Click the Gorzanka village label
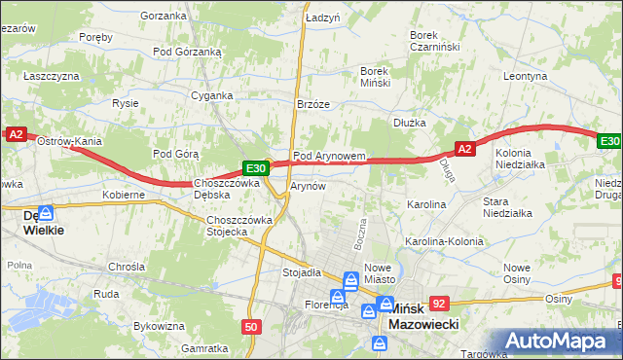(x=163, y=16)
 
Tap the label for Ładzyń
(x=322, y=18)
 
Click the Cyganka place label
(x=212, y=95)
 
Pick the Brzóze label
(x=313, y=104)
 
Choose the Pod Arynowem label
(x=329, y=156)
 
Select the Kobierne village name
(x=124, y=195)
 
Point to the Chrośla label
(x=127, y=266)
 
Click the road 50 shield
(x=251, y=327)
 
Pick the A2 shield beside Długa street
(x=464, y=149)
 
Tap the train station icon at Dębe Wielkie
(x=46, y=212)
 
